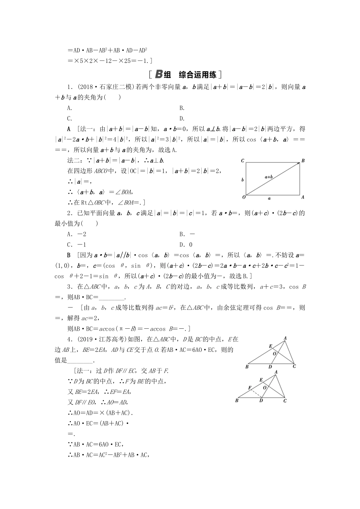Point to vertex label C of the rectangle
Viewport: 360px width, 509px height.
(x=243, y=161)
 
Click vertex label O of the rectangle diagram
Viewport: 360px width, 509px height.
(x=244, y=197)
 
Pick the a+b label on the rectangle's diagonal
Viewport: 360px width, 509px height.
(x=269, y=176)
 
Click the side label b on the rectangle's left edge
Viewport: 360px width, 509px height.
(x=243, y=180)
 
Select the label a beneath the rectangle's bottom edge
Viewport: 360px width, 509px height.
(x=269, y=198)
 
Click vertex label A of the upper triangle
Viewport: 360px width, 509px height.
(x=285, y=338)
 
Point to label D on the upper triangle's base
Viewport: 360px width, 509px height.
(x=270, y=366)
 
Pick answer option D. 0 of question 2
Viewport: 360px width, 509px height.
(x=186, y=245)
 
